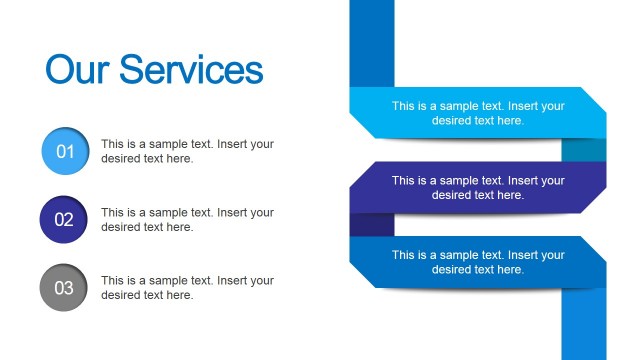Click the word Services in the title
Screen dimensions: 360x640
click(x=191, y=70)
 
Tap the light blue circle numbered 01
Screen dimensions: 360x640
click(x=64, y=152)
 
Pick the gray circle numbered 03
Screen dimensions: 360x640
click(x=64, y=288)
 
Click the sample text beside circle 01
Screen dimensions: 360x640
click(x=187, y=151)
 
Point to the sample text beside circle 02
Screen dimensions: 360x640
click(x=187, y=220)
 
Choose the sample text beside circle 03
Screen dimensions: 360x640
click(x=187, y=288)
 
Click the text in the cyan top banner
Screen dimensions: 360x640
click(x=478, y=113)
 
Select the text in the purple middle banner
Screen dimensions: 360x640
click(x=478, y=188)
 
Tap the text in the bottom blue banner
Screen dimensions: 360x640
click(x=478, y=262)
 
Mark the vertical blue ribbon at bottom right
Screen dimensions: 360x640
click(x=584, y=325)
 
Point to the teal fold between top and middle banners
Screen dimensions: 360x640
click(x=584, y=150)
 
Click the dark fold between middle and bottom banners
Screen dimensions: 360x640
click(x=371, y=225)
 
